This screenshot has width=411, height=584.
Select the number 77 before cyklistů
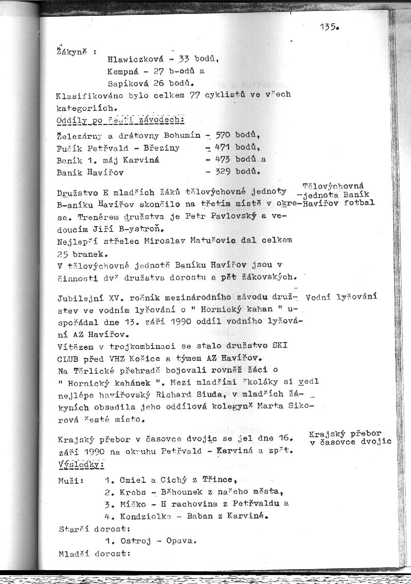click(x=194, y=94)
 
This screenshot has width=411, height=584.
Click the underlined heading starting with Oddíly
click(x=120, y=120)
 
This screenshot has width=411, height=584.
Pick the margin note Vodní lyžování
click(x=342, y=297)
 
